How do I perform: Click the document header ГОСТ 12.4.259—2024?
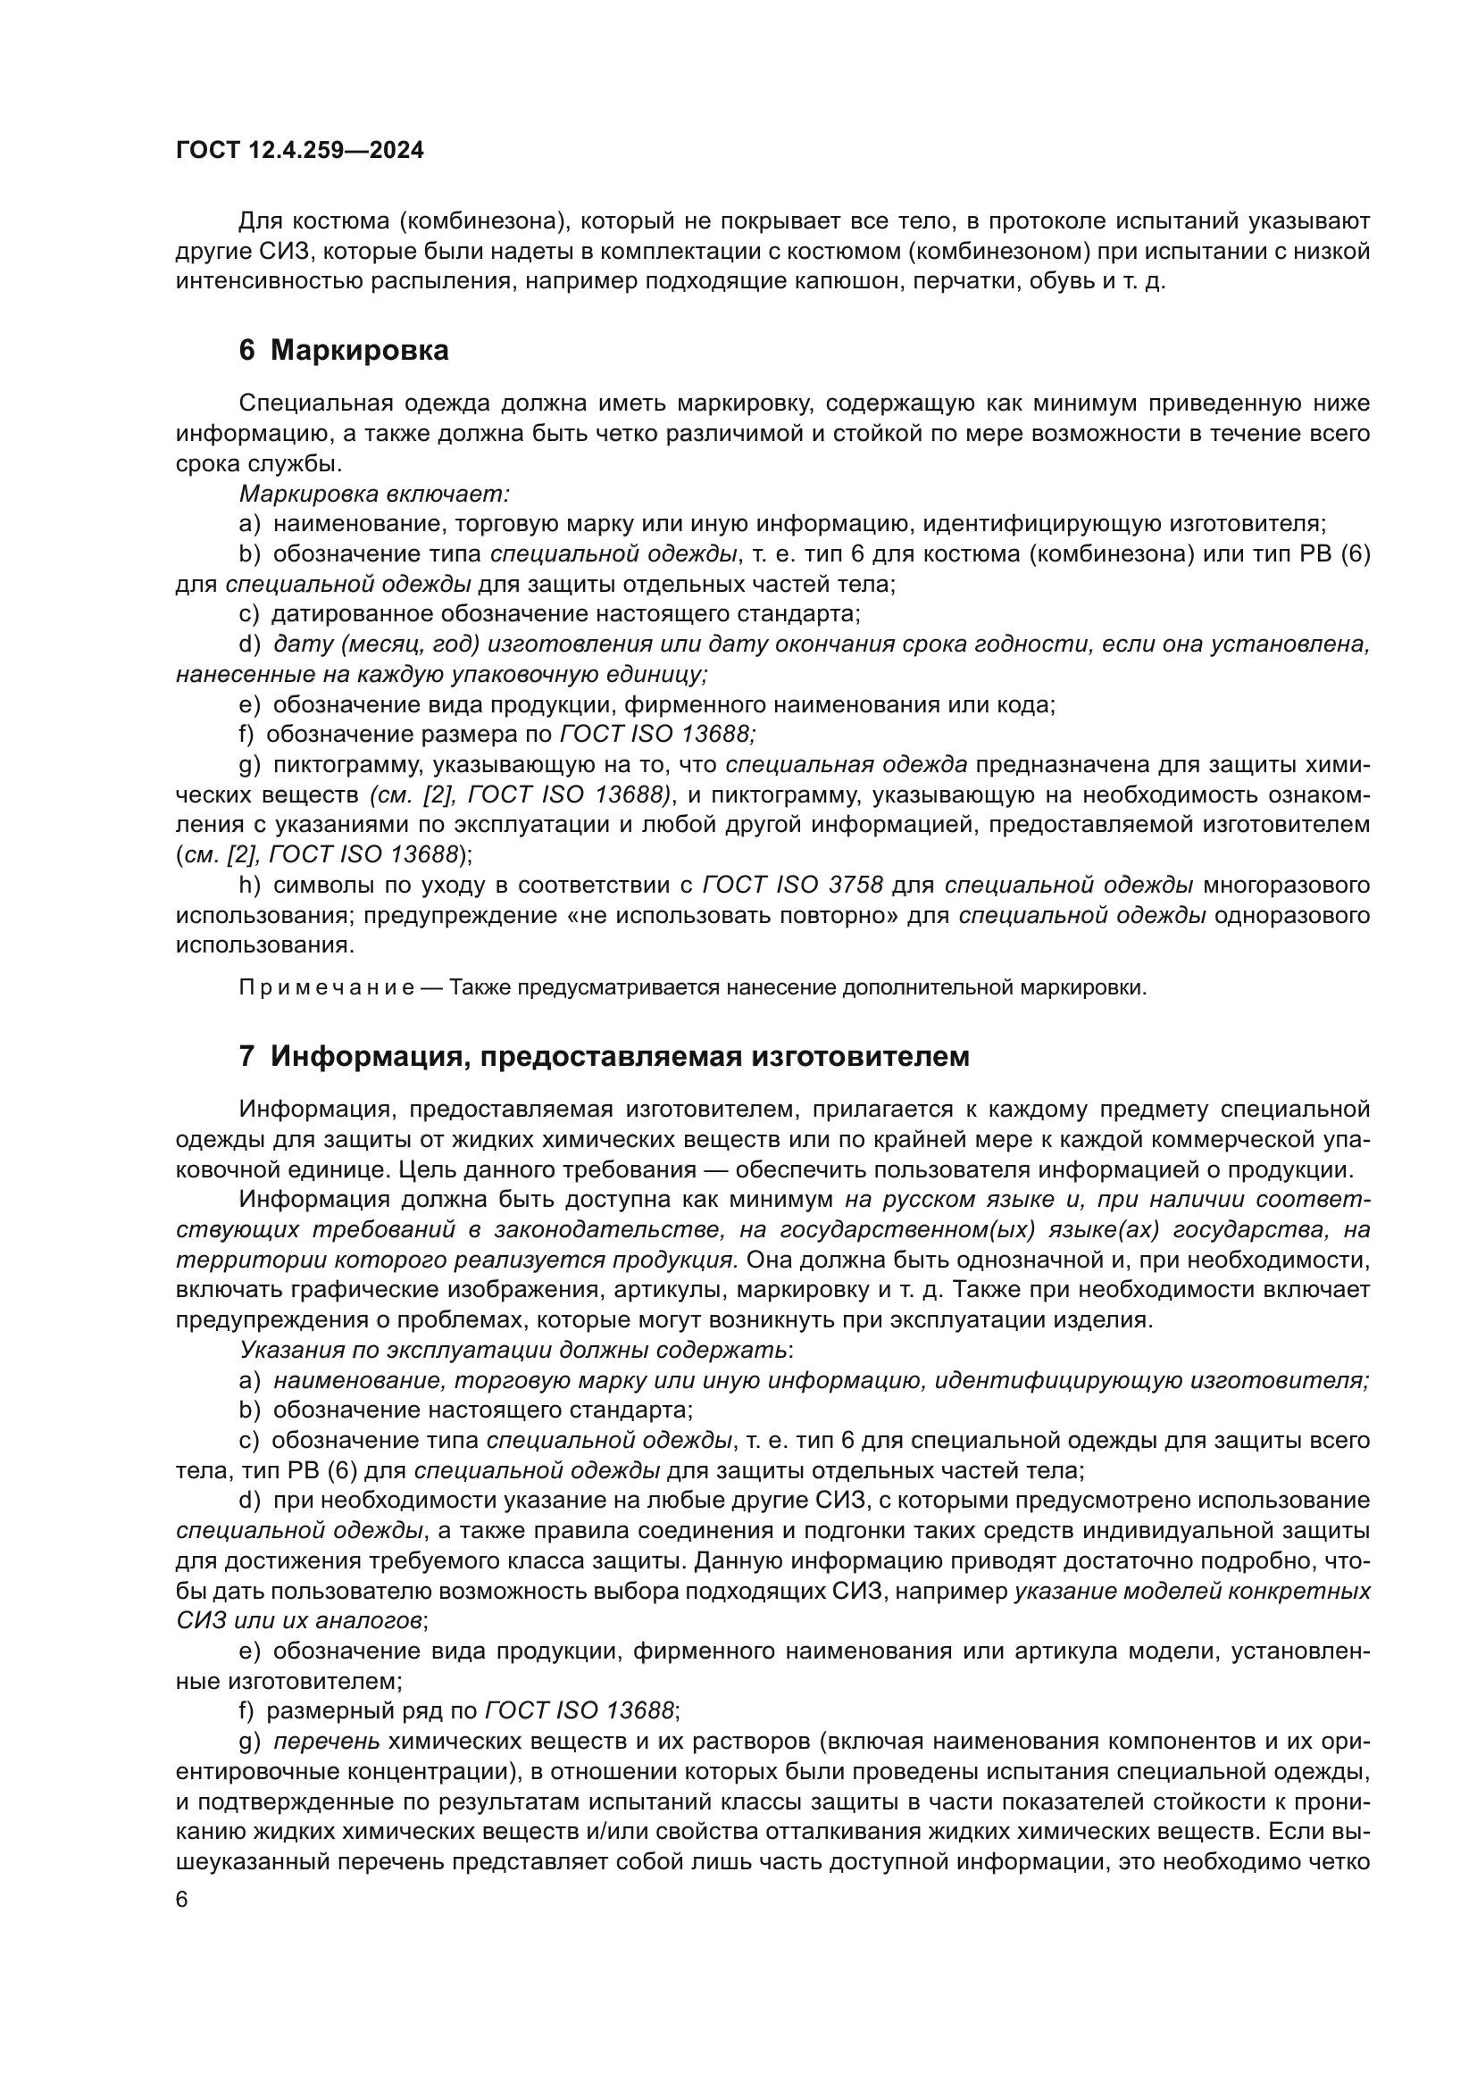click(x=300, y=151)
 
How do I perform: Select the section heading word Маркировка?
click(x=359, y=350)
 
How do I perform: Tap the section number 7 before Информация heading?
click(x=246, y=1056)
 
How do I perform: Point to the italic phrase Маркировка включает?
click(x=374, y=494)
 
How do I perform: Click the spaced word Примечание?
click(x=327, y=987)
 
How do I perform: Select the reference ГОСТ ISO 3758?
click(x=792, y=885)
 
